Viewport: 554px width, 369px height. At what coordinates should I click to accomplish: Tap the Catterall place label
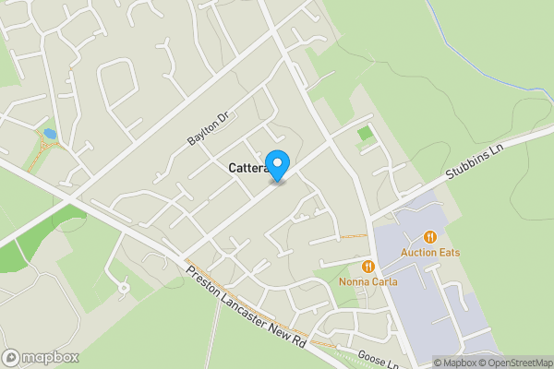(x=247, y=169)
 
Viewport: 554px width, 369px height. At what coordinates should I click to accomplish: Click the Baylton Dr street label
(x=208, y=129)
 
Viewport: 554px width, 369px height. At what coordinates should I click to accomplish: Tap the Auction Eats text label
(x=430, y=253)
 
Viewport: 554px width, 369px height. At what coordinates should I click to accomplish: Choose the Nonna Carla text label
(x=367, y=280)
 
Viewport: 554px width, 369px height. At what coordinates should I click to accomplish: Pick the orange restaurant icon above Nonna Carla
(x=367, y=266)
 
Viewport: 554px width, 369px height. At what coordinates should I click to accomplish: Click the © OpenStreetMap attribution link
(x=517, y=363)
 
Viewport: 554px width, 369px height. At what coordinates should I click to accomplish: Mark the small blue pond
(x=50, y=135)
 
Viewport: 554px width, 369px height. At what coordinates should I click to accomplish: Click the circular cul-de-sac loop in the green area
(x=123, y=288)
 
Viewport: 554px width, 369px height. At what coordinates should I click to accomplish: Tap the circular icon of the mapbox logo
(x=12, y=356)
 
